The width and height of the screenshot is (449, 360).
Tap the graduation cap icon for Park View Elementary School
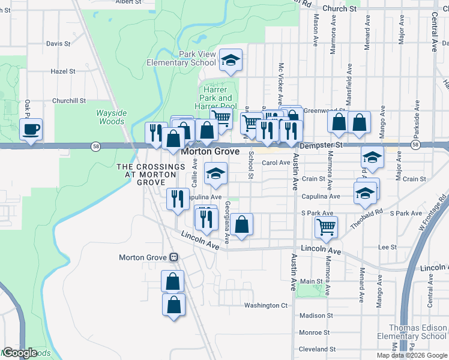tap(231, 60)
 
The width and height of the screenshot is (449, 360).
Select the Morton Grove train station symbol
tap(173, 257)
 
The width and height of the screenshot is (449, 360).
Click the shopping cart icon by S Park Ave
tap(326, 227)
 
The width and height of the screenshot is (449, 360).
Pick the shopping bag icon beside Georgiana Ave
tap(241, 225)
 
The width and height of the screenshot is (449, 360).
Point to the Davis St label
tap(58, 44)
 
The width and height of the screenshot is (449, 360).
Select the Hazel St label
tap(62, 71)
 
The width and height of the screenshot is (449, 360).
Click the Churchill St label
tap(69, 101)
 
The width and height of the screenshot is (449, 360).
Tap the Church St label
tap(339, 9)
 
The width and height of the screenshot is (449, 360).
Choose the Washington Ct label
tap(265, 305)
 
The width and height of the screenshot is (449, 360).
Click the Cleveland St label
tap(317, 349)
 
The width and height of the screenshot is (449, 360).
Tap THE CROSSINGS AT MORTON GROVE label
tap(146, 174)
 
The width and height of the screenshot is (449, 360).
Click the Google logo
tap(20, 353)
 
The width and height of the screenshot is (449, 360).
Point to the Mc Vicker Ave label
tap(280, 82)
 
